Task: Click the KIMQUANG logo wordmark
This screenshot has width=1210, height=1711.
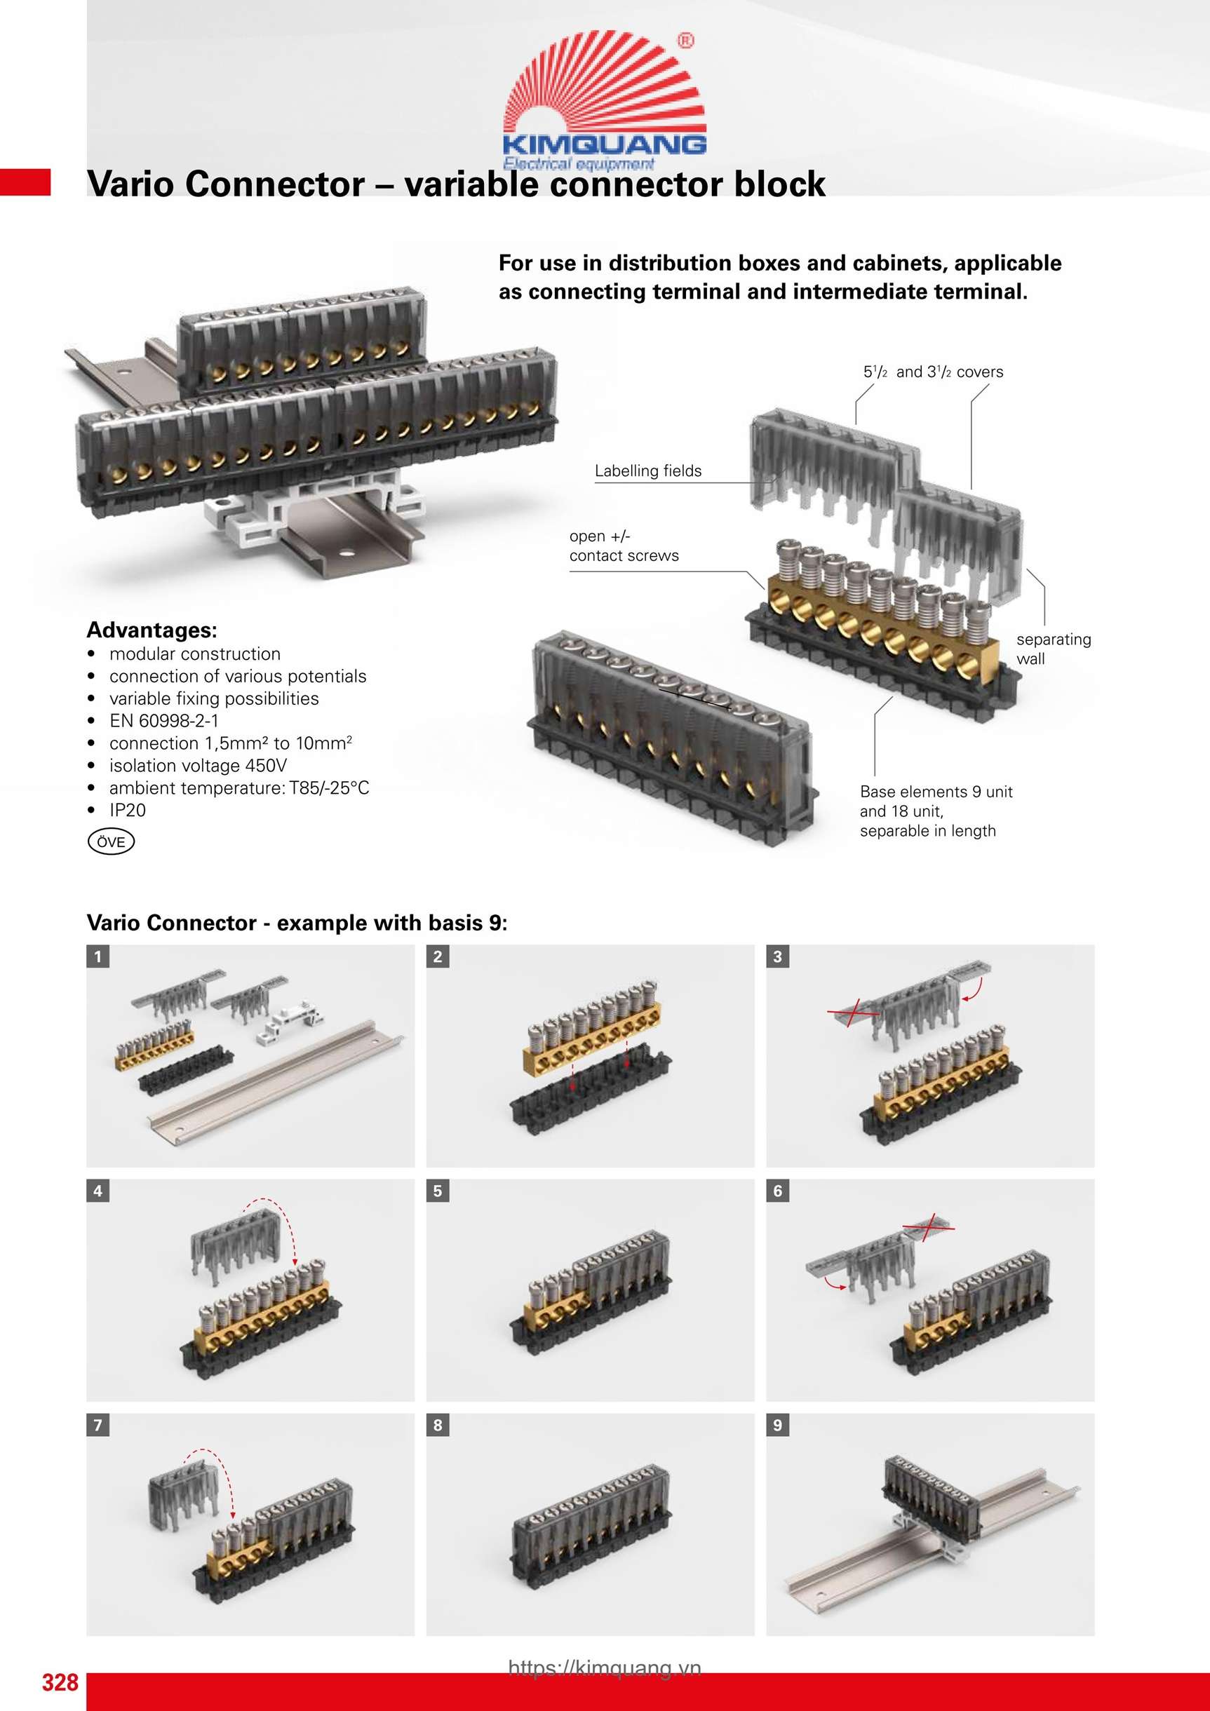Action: pos(604,143)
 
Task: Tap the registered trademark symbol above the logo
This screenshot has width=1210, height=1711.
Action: pos(685,41)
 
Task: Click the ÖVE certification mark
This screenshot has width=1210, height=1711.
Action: pos(111,841)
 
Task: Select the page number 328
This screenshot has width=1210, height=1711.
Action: pos(60,1682)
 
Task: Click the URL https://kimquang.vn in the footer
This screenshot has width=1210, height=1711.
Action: pos(605,1668)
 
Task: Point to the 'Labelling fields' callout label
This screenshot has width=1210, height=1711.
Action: pos(648,471)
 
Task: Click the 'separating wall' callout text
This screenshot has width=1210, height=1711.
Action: pos(1053,649)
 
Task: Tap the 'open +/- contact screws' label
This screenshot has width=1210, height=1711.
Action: pos(624,546)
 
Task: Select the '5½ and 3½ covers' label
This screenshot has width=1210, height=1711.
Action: pos(933,372)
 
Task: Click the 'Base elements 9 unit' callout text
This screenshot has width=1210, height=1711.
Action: pos(936,792)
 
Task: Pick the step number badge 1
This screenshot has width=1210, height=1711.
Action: pos(98,956)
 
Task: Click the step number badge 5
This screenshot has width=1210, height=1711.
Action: pos(438,1191)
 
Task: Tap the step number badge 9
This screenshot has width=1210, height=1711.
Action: pos(778,1425)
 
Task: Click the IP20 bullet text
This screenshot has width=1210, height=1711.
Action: pos(128,810)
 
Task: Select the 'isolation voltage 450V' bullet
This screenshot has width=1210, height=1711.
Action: pos(198,765)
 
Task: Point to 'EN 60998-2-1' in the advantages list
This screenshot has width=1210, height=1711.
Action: pos(164,721)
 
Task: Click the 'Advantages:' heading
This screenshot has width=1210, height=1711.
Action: pos(152,630)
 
